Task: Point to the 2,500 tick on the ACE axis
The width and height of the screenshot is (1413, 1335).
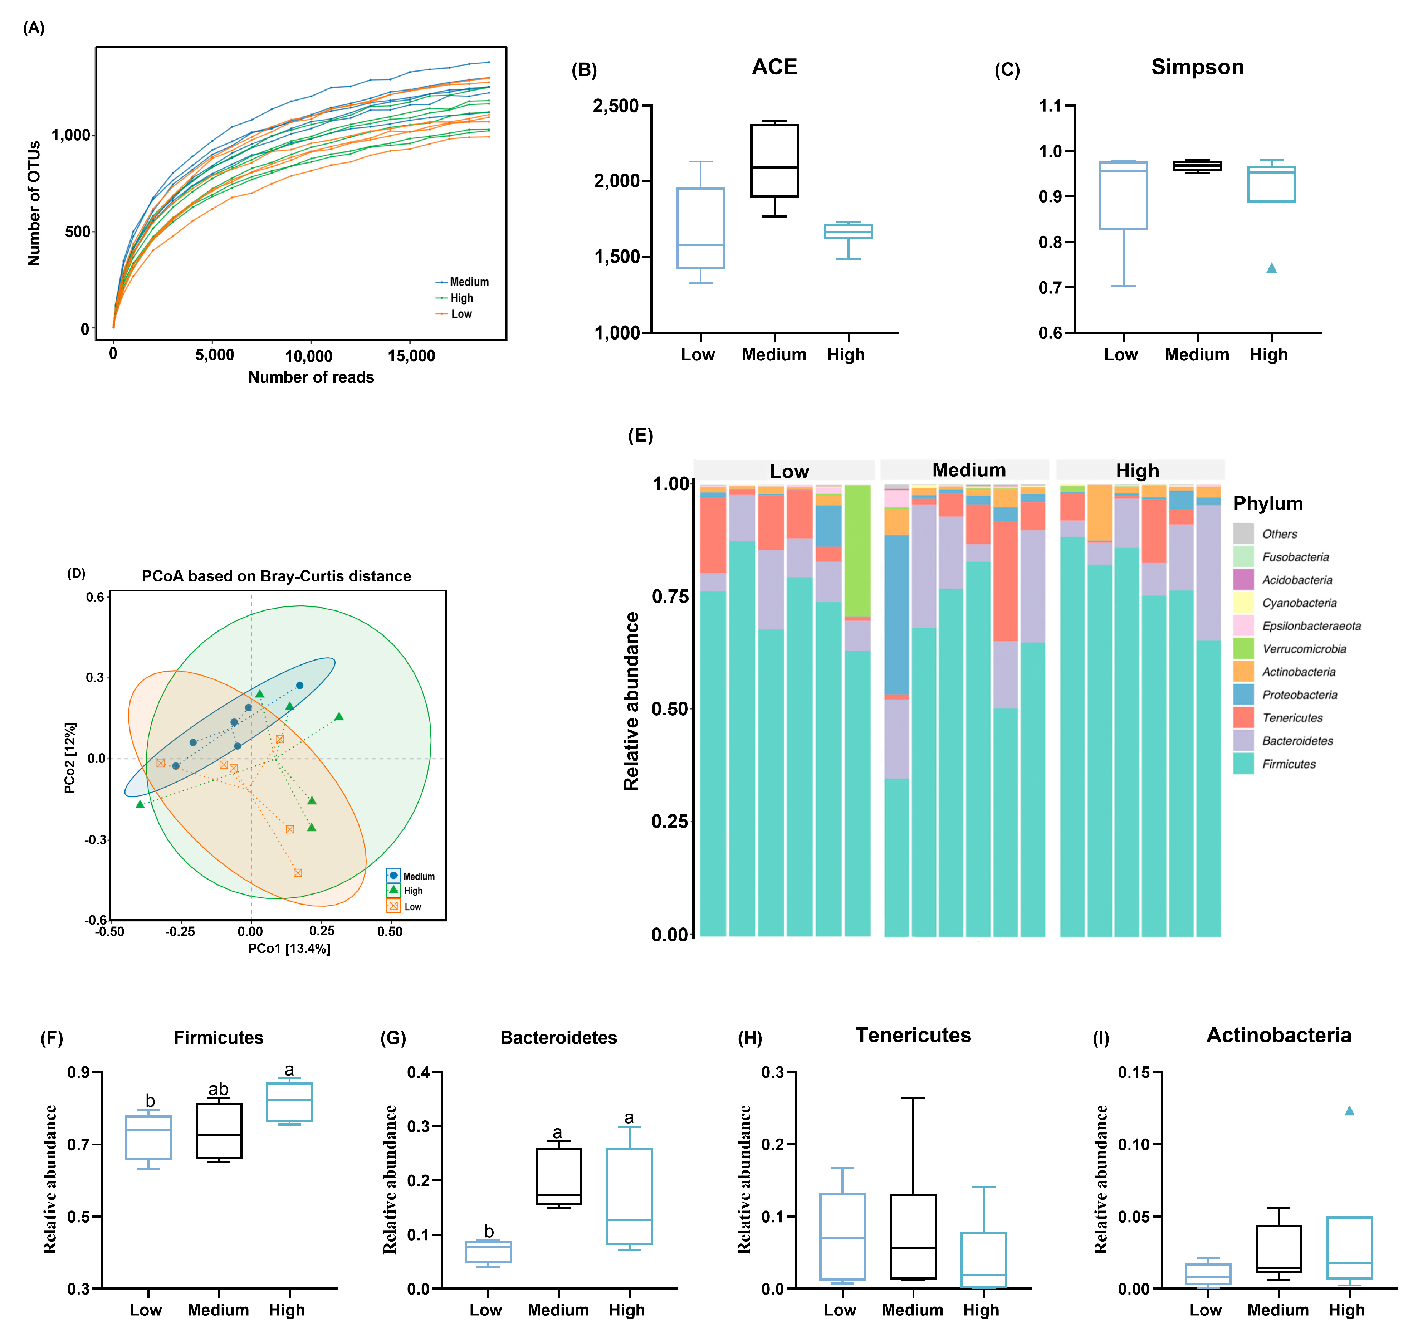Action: tap(616, 106)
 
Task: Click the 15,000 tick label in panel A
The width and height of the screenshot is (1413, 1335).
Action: tap(411, 356)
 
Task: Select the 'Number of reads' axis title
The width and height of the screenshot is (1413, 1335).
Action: tap(311, 377)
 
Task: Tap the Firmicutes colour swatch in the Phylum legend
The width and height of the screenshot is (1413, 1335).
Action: tap(1243, 764)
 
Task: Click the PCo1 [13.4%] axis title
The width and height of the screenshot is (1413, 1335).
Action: tap(289, 949)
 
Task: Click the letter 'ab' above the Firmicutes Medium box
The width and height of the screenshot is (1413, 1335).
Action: tap(219, 1090)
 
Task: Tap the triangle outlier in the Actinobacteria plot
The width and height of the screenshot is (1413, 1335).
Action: tap(1349, 1111)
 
